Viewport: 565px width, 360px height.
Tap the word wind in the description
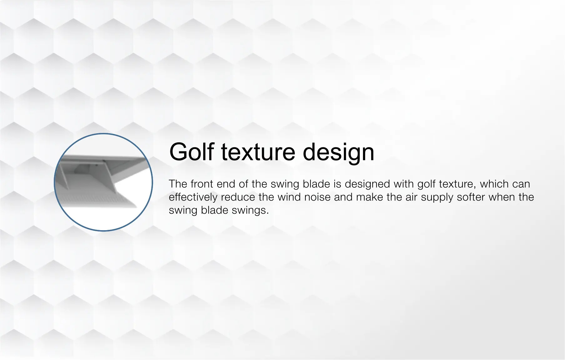click(289, 197)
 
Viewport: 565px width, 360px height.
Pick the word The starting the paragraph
click(178, 184)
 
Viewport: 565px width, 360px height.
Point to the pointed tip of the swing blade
click(136, 206)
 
